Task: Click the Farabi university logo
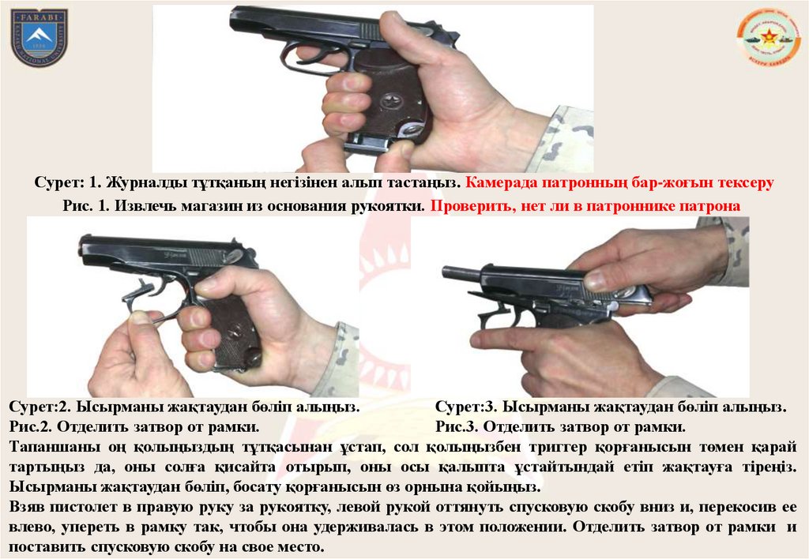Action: pos(40,38)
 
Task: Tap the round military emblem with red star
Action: pos(766,36)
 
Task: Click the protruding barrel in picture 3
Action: pos(461,272)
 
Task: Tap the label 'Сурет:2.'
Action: pos(40,407)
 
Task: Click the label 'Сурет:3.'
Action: pos(466,407)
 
